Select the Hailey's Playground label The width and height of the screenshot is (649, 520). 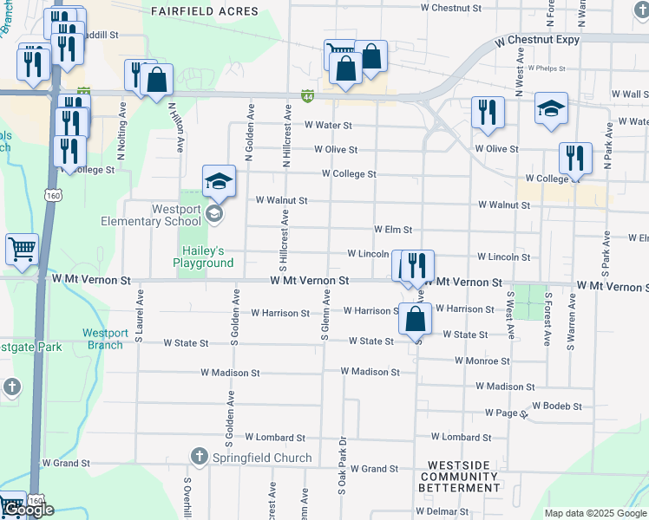tap(203, 256)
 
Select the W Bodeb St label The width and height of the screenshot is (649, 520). tap(556, 406)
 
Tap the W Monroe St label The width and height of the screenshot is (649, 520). tap(482, 361)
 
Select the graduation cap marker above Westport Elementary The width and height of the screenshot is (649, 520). tap(220, 181)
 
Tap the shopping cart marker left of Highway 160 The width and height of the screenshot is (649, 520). tap(22, 249)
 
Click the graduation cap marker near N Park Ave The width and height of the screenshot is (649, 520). tap(551, 108)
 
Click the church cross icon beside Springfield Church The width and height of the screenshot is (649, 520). tap(199, 457)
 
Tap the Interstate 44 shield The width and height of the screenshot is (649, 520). tap(307, 94)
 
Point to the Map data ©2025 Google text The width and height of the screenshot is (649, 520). tap(596, 513)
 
